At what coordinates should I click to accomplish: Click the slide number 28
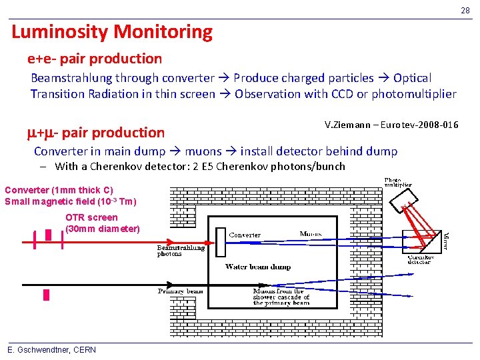tap(465, 10)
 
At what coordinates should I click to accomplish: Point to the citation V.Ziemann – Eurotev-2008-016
tap(391, 125)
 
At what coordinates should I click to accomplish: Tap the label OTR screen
tap(91, 217)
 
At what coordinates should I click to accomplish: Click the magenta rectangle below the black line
tap(46, 295)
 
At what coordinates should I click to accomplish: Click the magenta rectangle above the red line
tap(48, 235)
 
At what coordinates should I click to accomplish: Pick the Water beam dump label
tap(257, 267)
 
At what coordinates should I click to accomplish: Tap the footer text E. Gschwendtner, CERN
tap(51, 350)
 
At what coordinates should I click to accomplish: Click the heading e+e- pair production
tap(95, 59)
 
